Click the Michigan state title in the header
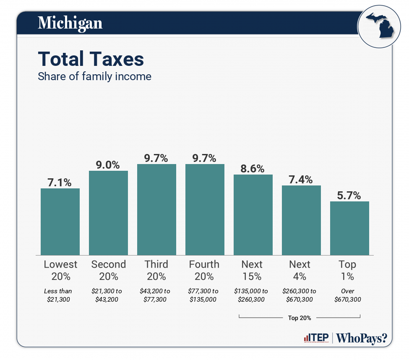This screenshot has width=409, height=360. pos(70,23)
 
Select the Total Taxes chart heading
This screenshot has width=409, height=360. pos(91,59)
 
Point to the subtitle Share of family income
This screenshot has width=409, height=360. pos(94,77)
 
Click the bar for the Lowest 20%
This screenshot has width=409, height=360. pos(60,222)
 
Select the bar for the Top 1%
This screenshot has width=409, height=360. pos(349,228)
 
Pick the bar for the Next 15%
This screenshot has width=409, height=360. pos(253,214)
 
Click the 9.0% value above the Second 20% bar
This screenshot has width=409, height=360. pos(108,164)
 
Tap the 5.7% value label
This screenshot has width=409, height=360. pos(349,195)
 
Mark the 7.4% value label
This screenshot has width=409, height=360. pos(301,180)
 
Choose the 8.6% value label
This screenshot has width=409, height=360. pos(253,169)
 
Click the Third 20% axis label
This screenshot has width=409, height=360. pos(156,270)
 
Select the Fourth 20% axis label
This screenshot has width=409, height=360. pos(204,270)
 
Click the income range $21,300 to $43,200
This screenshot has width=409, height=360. pos(109,295)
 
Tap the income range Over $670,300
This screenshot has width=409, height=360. pos(348,295)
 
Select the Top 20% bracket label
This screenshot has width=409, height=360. pos(300,318)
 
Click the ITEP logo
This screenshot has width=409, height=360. pos(315,338)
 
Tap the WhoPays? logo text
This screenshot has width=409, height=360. pos(362,338)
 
